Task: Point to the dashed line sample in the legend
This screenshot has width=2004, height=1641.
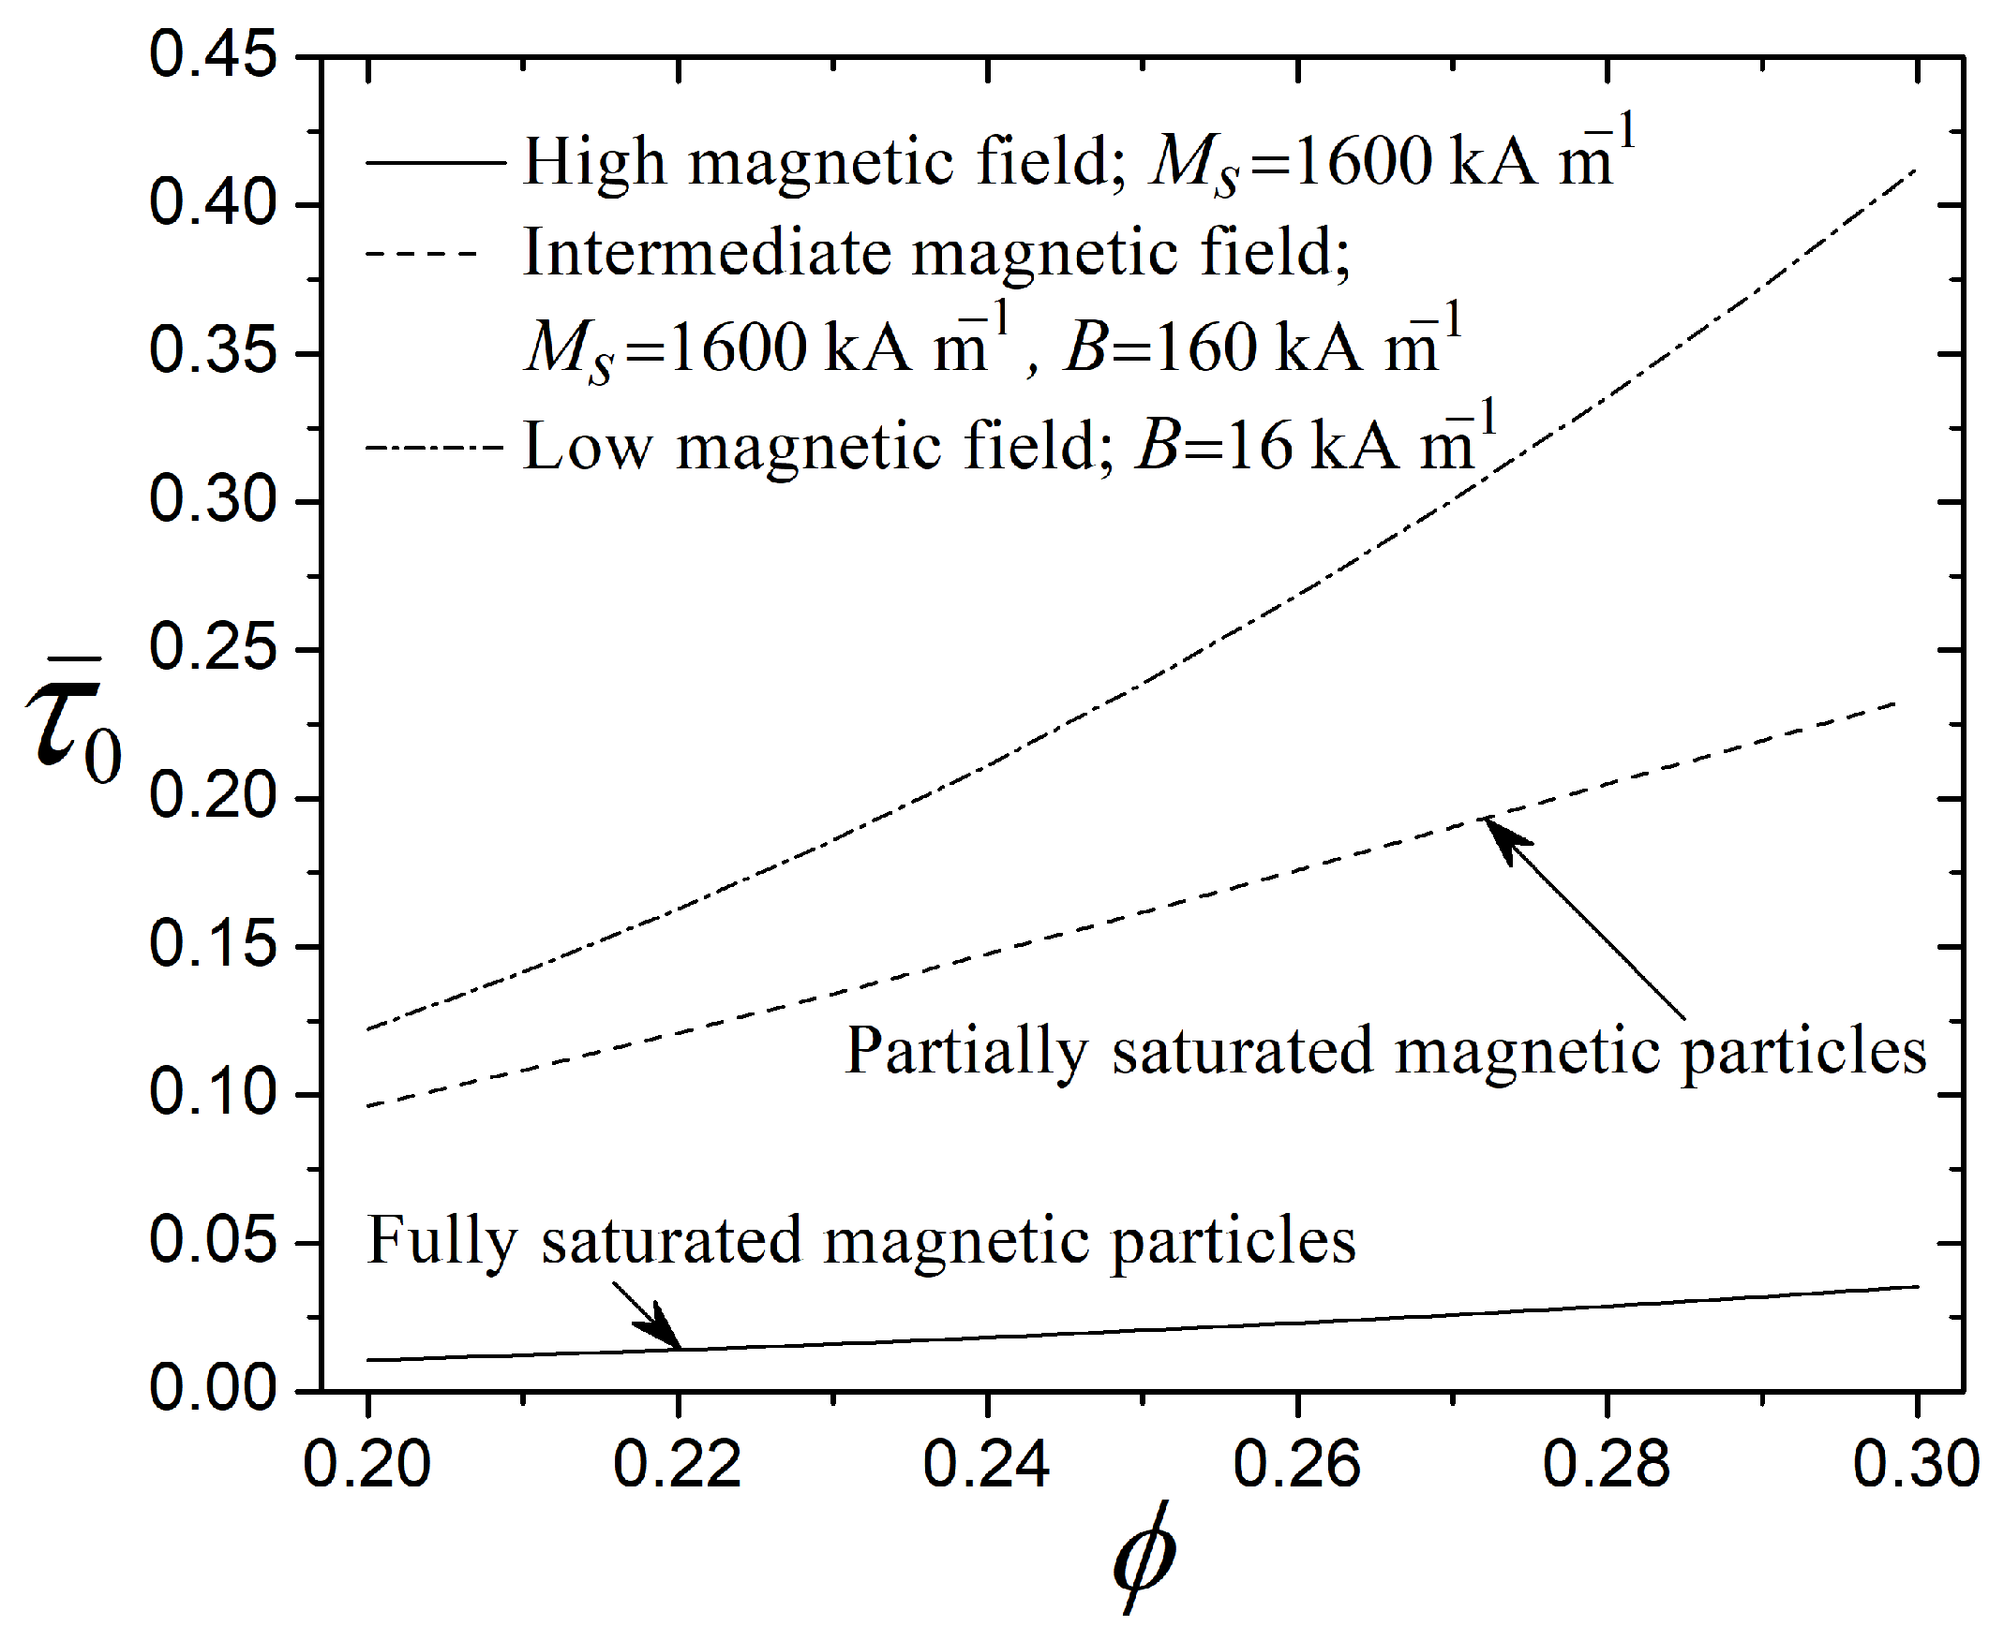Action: pyautogui.click(x=421, y=253)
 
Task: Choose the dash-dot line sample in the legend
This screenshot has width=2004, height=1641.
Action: pyautogui.click(x=435, y=446)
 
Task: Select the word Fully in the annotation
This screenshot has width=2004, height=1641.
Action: pyautogui.click(x=441, y=1240)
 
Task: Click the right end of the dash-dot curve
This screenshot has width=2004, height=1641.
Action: pyautogui.click(x=1915, y=171)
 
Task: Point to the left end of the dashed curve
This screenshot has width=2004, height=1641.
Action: pyautogui.click(x=368, y=1106)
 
